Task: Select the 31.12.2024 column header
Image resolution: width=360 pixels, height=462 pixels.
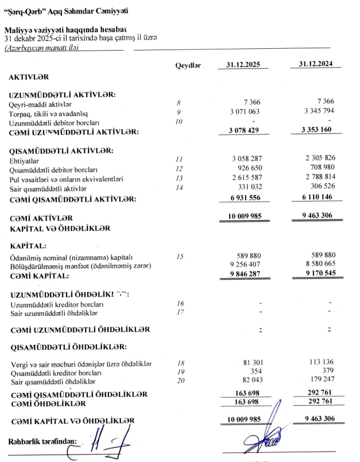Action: point(316,65)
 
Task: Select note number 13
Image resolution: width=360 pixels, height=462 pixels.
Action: point(179,178)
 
